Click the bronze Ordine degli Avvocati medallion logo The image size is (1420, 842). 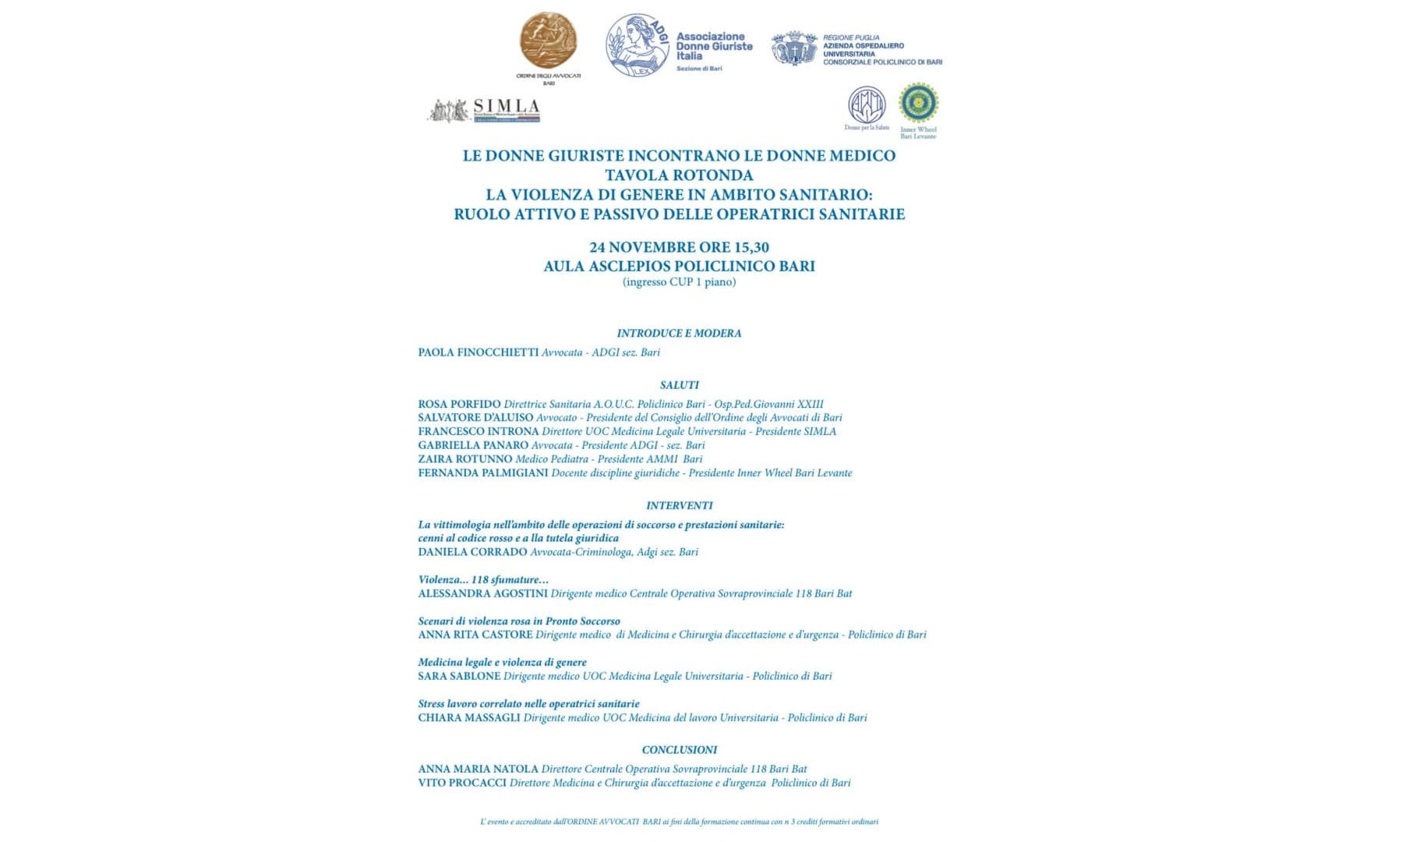point(549,41)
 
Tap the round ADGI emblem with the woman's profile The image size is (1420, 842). point(638,45)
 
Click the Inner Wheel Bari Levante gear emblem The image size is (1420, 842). point(918,103)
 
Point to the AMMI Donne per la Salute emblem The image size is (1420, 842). point(867,104)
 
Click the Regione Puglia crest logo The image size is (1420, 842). point(794,48)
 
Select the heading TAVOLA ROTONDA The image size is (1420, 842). point(679,175)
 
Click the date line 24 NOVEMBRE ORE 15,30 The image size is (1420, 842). point(679,247)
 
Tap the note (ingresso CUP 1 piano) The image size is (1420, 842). point(679,282)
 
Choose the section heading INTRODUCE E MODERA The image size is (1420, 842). point(679,333)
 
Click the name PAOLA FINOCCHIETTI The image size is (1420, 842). point(478,352)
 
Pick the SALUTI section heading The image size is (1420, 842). point(679,385)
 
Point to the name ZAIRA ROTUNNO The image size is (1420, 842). point(465,459)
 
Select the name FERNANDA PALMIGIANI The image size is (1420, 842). point(483,473)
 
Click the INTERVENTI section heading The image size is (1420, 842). point(679,505)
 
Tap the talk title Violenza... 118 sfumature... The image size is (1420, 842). point(483,579)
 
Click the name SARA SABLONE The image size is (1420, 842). point(459,676)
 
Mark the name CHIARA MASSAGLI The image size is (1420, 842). point(469,717)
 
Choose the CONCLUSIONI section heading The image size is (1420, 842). point(679,750)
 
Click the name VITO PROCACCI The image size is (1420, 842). point(462,783)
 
